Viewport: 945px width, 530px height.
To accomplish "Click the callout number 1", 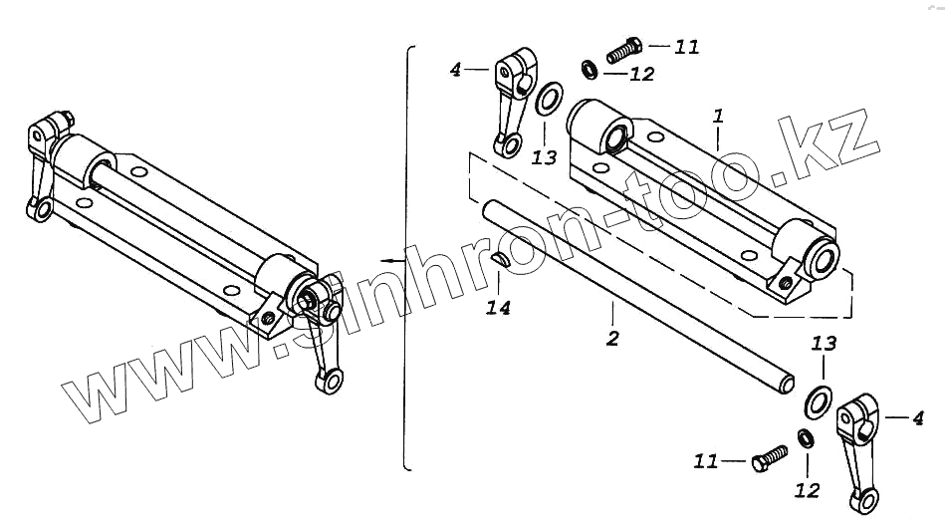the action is tap(718, 117).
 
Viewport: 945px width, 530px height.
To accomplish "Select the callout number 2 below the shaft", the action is tap(612, 339).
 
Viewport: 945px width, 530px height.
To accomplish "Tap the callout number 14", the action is tap(498, 308).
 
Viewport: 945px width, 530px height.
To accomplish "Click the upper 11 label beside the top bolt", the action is tap(686, 46).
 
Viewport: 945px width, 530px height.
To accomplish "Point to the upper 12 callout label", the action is tap(642, 74).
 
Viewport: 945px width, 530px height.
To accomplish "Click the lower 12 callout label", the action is tap(808, 489).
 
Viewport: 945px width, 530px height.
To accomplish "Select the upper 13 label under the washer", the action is tap(544, 157).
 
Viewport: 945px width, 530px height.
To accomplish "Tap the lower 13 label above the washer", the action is tap(824, 344).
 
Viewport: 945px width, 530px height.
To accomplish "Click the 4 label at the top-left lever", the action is tap(455, 70).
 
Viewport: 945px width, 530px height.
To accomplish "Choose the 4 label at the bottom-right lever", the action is tap(918, 419).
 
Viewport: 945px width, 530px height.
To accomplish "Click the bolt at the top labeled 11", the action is tap(622, 49).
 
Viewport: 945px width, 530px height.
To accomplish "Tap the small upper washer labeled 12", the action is tap(590, 70).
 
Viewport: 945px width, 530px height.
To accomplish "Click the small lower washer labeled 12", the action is tap(805, 438).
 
